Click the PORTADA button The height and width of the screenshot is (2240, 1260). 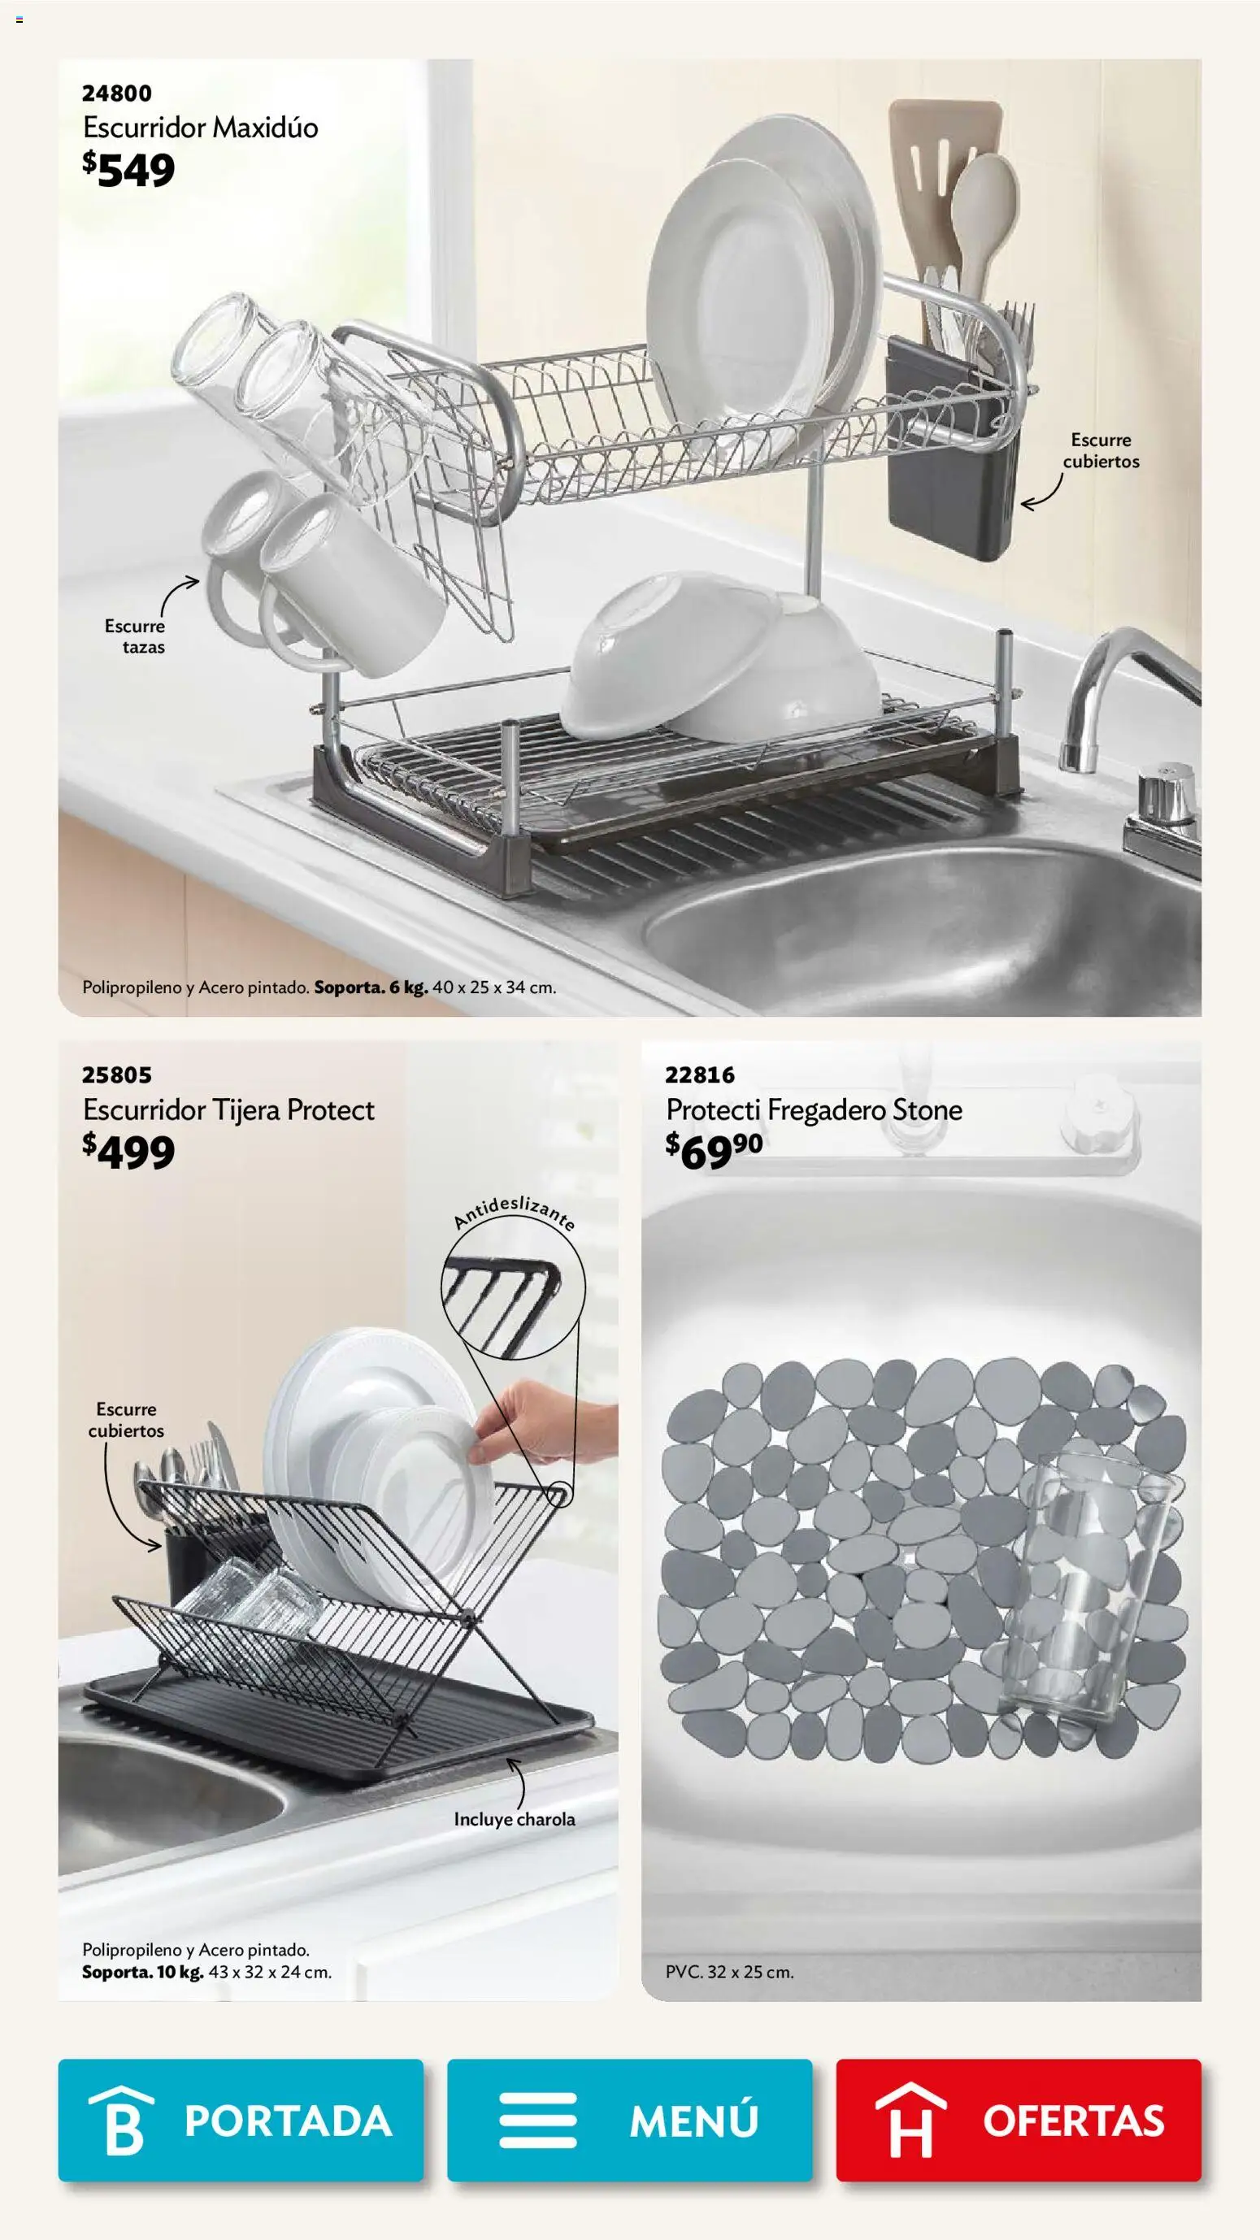(x=241, y=2120)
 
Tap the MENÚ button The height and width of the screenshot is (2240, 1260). (x=629, y=2120)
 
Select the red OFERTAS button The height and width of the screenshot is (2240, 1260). (x=1019, y=2120)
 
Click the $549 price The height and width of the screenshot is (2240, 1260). (x=128, y=170)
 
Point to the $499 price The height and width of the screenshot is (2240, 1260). (x=128, y=1152)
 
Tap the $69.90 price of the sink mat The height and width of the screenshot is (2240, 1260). (x=714, y=1152)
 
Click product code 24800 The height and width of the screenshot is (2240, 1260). (x=116, y=93)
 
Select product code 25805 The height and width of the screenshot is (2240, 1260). (x=116, y=1074)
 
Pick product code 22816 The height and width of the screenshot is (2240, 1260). (x=700, y=1074)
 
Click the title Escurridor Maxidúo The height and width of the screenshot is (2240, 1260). (x=201, y=128)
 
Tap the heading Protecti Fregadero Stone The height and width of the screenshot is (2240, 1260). (x=814, y=1109)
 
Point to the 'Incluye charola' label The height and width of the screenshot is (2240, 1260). (x=515, y=1819)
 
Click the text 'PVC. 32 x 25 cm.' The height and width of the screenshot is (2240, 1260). (x=729, y=1972)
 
